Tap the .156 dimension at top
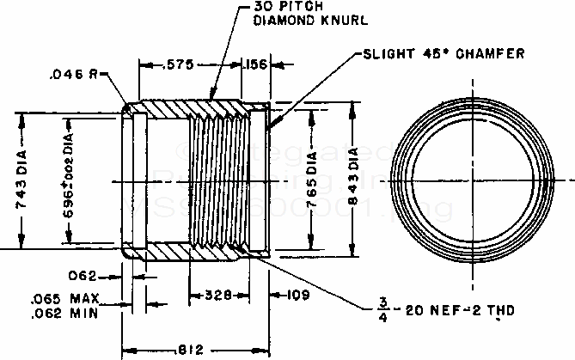(x=256, y=64)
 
